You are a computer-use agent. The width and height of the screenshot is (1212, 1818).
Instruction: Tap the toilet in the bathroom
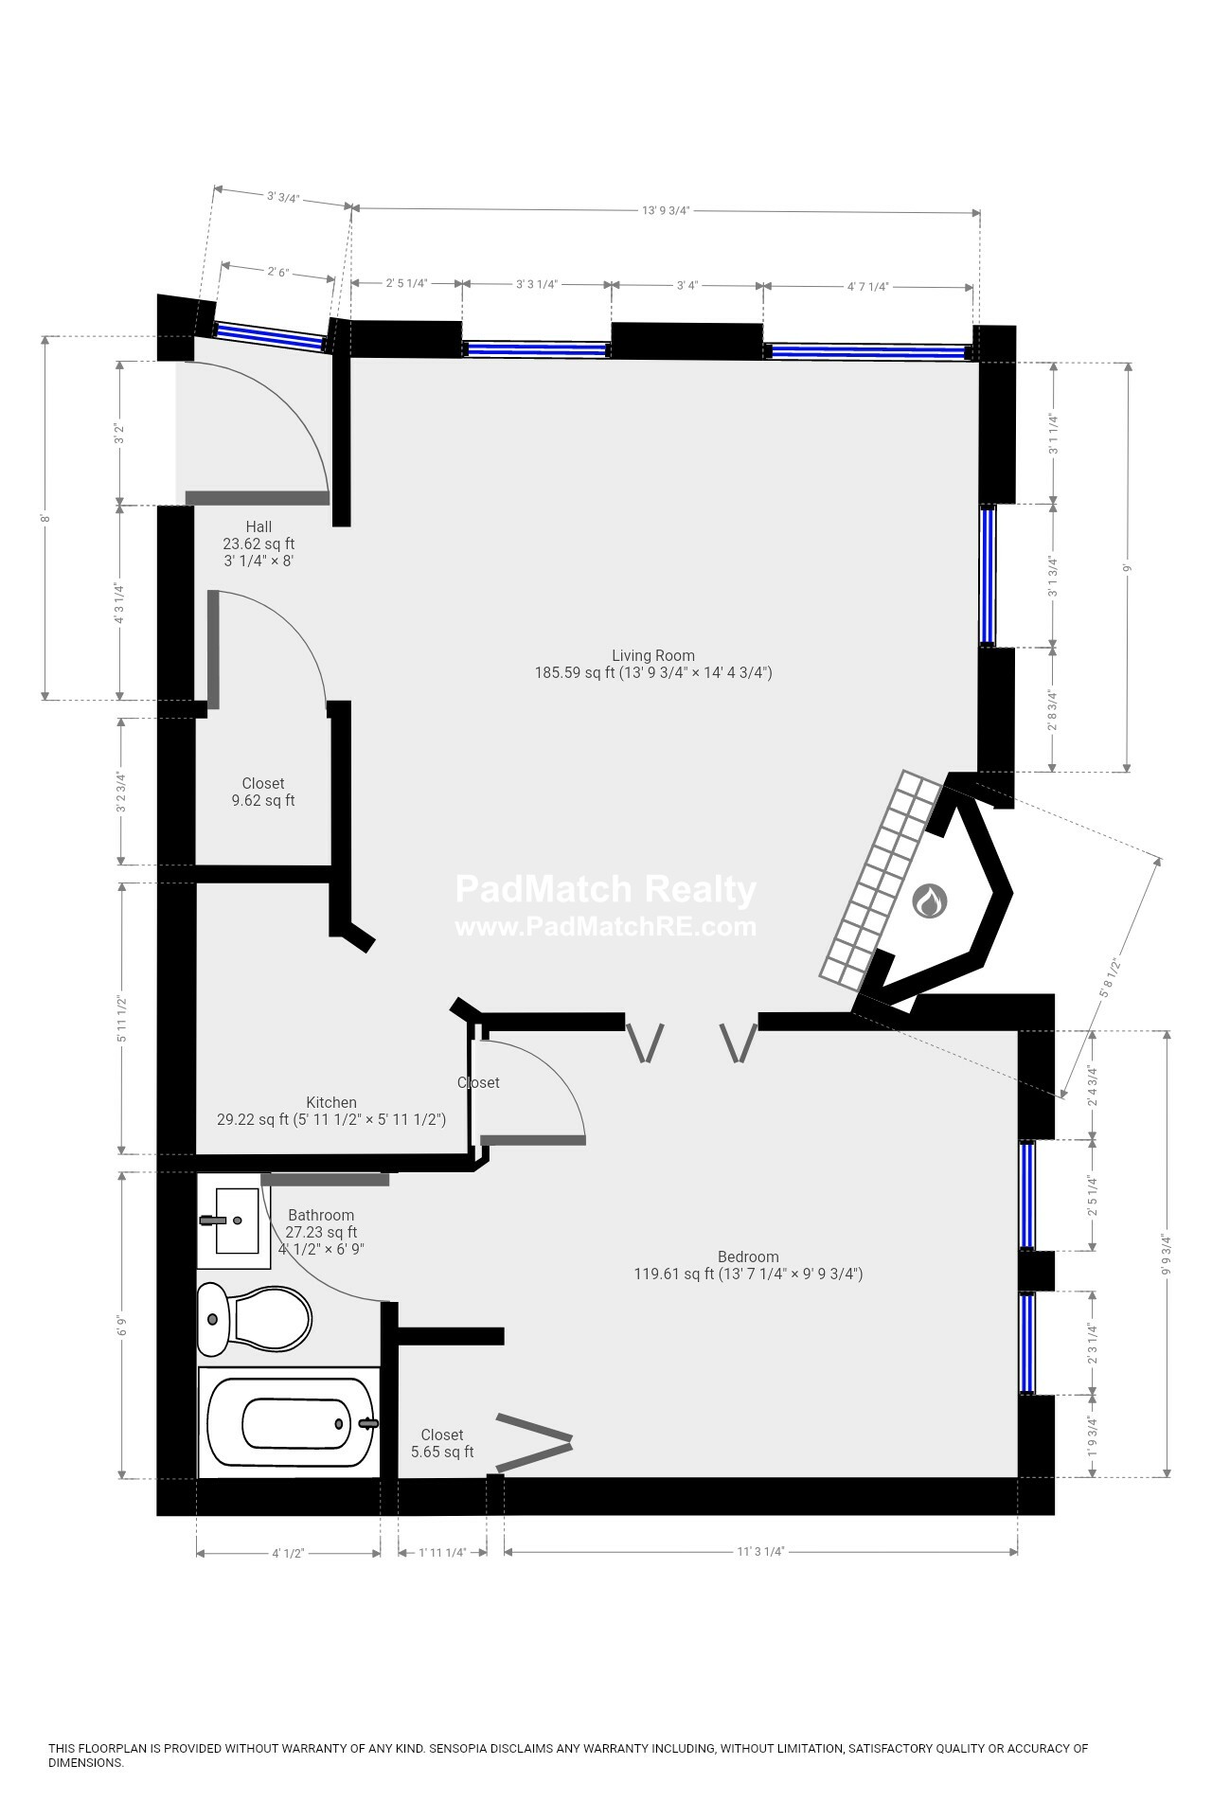(x=256, y=1319)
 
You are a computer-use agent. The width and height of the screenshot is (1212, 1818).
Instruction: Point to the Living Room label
(x=652, y=655)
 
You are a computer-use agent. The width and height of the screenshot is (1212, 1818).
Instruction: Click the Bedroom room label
(x=747, y=1257)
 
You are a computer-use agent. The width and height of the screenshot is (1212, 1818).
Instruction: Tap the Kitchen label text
(x=330, y=1102)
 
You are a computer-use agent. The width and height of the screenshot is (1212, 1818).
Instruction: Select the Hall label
(x=258, y=526)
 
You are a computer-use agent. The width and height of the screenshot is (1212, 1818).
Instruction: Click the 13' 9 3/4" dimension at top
(x=665, y=211)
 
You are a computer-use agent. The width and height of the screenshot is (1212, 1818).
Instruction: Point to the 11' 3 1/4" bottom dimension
(x=760, y=1552)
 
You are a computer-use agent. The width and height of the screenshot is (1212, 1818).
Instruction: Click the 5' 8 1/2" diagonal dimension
(x=1110, y=977)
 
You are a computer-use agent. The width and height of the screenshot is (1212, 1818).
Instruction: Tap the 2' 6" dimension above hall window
(x=276, y=272)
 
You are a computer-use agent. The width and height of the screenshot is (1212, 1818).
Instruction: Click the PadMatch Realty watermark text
(x=606, y=890)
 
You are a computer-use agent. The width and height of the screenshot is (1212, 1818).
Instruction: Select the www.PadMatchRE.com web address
(x=606, y=927)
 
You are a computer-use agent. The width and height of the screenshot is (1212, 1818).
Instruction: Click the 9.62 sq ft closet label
(x=262, y=801)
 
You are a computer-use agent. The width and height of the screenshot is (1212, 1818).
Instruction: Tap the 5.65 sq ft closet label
(x=442, y=1453)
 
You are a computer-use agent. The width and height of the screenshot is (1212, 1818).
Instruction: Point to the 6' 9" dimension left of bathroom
(x=120, y=1326)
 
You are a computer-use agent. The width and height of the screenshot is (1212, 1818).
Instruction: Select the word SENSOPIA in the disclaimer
(x=460, y=1749)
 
